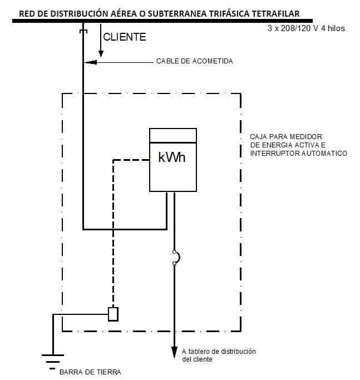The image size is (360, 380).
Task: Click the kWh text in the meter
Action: (172, 158)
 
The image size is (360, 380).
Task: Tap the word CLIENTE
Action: (125, 38)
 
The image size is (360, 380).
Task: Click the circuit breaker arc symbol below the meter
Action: (176, 256)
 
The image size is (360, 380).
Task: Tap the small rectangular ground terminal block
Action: (113, 314)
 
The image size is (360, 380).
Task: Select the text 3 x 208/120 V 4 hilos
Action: (306, 27)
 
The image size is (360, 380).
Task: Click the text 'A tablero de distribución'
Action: (219, 352)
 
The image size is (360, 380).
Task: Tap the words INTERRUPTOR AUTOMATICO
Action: (299, 153)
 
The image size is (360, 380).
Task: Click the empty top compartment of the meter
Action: (174, 135)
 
